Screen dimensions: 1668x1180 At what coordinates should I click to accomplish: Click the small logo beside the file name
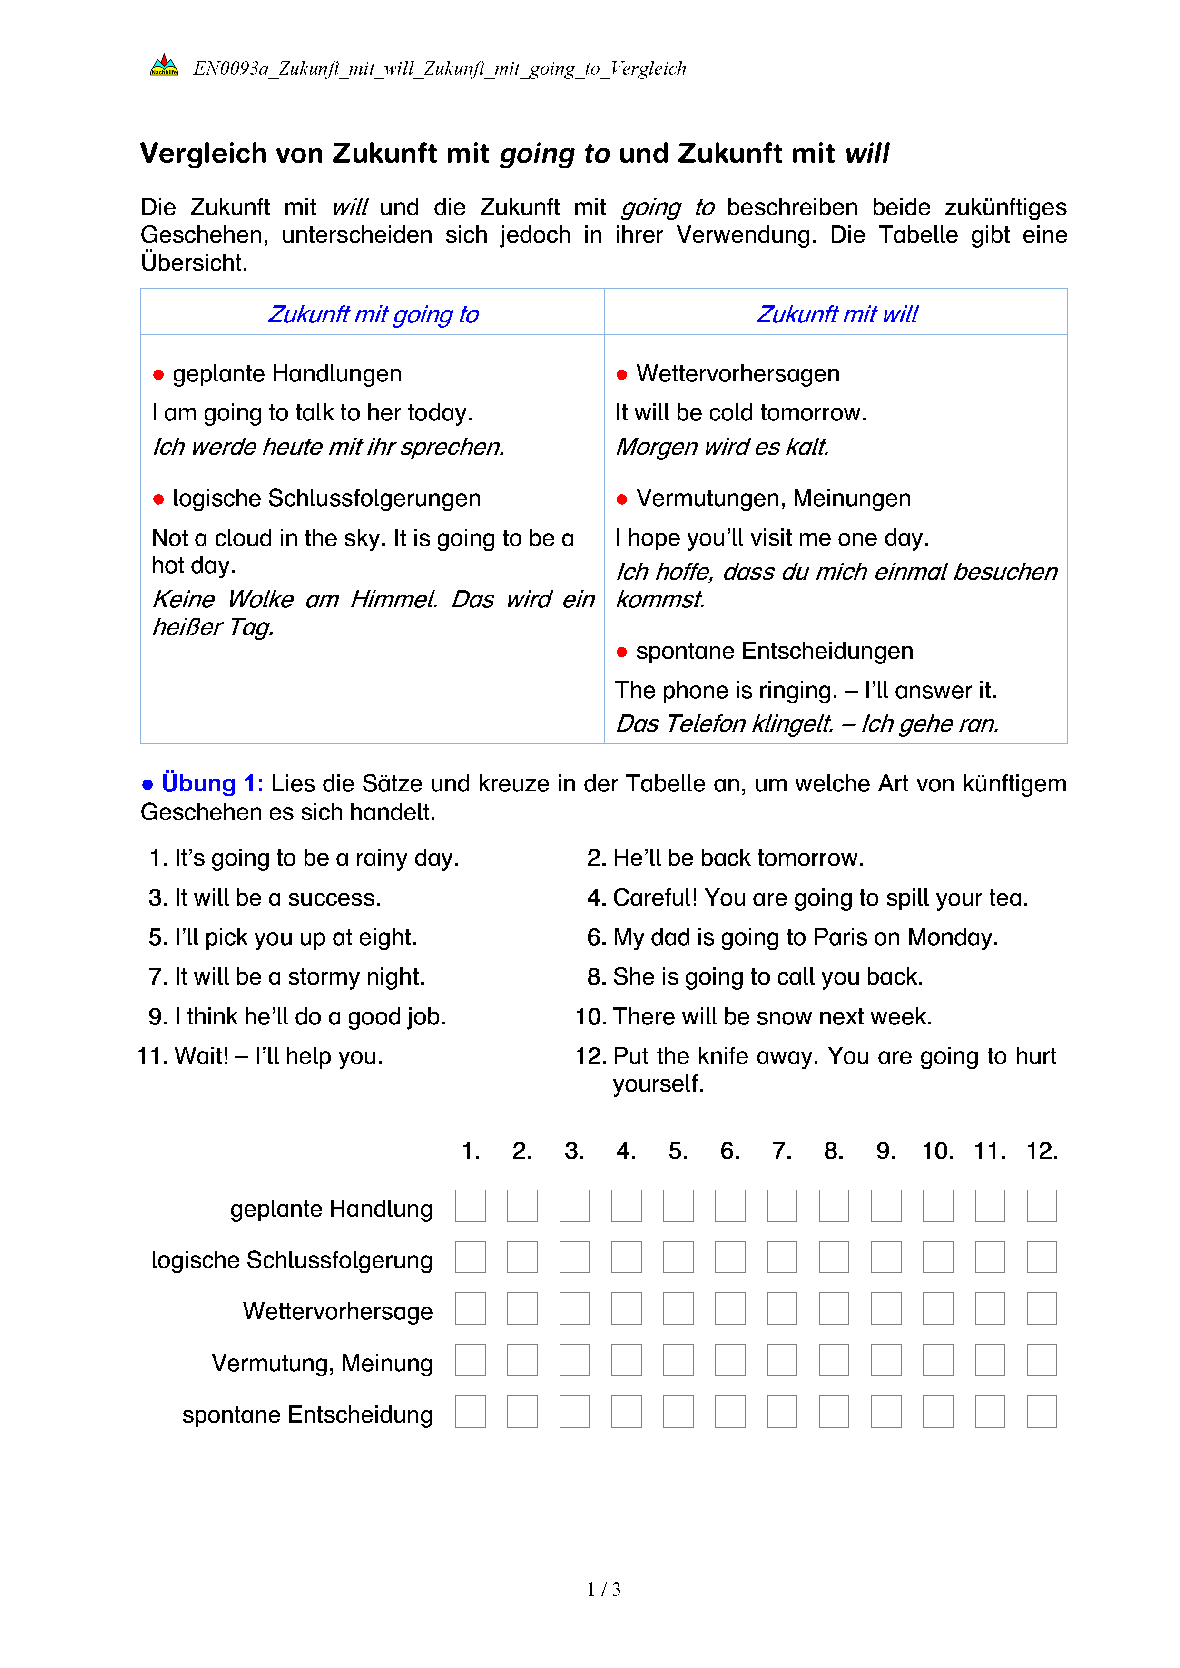click(164, 66)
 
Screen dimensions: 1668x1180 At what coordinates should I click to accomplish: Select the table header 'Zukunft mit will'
click(836, 314)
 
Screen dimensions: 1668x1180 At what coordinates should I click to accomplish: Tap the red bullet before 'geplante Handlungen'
click(158, 375)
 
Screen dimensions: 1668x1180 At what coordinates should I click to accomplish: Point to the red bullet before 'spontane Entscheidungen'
click(622, 652)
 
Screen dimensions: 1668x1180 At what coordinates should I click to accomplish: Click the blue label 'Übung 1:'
click(212, 783)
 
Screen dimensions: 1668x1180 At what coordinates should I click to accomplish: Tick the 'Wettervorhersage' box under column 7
click(782, 1309)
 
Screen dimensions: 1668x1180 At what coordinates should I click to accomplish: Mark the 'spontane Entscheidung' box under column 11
click(990, 1412)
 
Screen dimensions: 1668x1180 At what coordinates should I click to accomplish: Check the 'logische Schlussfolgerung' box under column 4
click(626, 1258)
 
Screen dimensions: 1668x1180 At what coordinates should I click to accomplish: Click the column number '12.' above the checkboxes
click(1042, 1151)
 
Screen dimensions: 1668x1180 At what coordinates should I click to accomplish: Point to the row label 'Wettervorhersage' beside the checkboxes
click(338, 1311)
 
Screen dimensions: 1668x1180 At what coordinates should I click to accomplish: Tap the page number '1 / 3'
click(604, 1590)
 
